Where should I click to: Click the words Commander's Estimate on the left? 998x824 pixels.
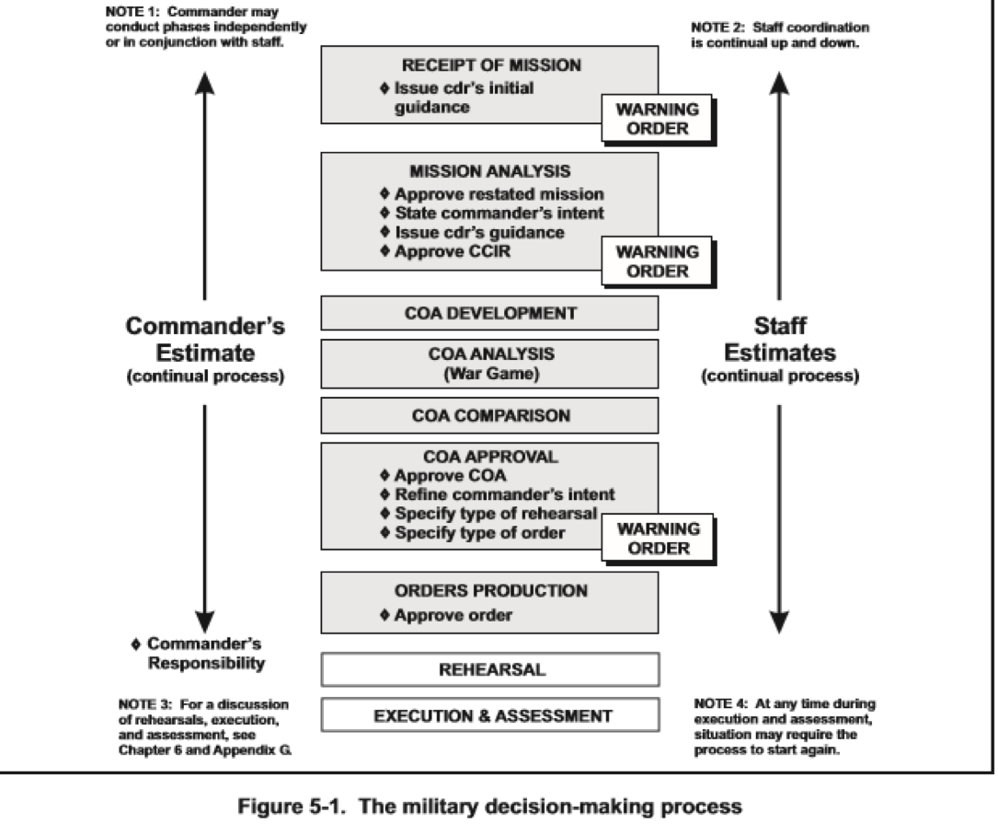pos(205,340)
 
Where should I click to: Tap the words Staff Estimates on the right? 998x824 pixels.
pos(779,340)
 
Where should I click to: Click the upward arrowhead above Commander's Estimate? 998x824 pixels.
pos(205,83)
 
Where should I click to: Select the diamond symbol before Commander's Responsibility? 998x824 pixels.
pos(136,644)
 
